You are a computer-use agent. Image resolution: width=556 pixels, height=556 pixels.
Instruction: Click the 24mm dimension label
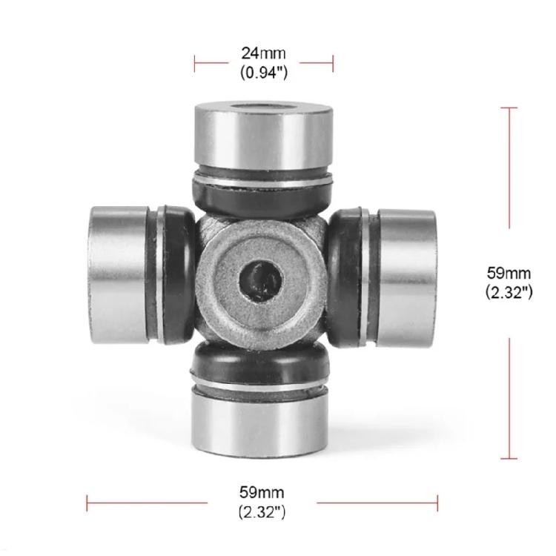263,53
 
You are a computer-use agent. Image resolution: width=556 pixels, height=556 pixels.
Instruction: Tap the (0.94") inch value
263,73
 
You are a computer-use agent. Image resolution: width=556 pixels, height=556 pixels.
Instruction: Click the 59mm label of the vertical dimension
509,274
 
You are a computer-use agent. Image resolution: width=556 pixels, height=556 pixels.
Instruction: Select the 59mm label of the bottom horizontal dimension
262,492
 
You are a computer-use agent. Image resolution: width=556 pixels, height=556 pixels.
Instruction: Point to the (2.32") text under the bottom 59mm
262,512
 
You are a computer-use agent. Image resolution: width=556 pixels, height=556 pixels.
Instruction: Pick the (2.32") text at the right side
509,292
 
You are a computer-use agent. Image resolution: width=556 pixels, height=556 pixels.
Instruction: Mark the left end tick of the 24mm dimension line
195,63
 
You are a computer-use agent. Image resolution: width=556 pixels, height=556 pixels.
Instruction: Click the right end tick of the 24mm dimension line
333,63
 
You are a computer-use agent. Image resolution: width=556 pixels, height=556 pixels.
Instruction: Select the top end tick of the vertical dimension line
509,108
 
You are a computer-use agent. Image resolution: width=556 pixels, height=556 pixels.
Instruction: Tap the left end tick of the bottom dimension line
87,503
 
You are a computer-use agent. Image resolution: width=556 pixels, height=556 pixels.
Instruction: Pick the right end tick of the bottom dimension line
437,503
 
